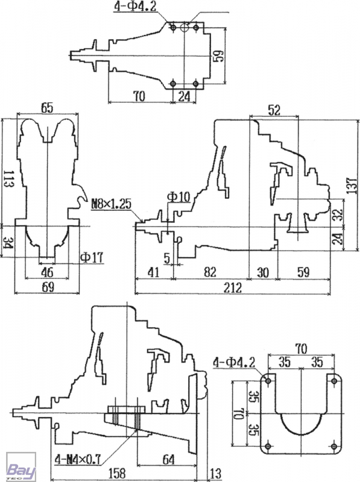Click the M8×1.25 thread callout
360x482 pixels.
click(x=111, y=204)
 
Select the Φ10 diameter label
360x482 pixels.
click(x=178, y=197)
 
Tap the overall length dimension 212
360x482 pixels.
click(x=233, y=288)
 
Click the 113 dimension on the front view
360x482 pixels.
click(x=8, y=180)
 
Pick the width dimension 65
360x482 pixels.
click(x=47, y=108)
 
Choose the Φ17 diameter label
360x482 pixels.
click(x=92, y=257)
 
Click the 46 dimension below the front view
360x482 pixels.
click(x=47, y=272)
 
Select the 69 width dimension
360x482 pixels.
click(x=47, y=287)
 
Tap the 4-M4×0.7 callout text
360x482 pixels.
click(x=78, y=460)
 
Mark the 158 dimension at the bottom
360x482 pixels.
click(x=117, y=474)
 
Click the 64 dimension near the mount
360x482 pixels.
click(x=168, y=460)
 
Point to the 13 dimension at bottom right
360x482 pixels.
click(x=215, y=474)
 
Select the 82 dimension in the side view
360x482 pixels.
click(x=210, y=272)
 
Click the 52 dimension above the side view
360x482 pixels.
click(x=274, y=110)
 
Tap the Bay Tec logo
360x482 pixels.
click(x=21, y=467)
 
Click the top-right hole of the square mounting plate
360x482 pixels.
click(x=333, y=381)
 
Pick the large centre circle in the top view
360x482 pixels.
click(x=185, y=28)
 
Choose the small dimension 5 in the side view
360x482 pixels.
click(x=167, y=258)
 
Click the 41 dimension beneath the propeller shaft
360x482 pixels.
click(x=153, y=272)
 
